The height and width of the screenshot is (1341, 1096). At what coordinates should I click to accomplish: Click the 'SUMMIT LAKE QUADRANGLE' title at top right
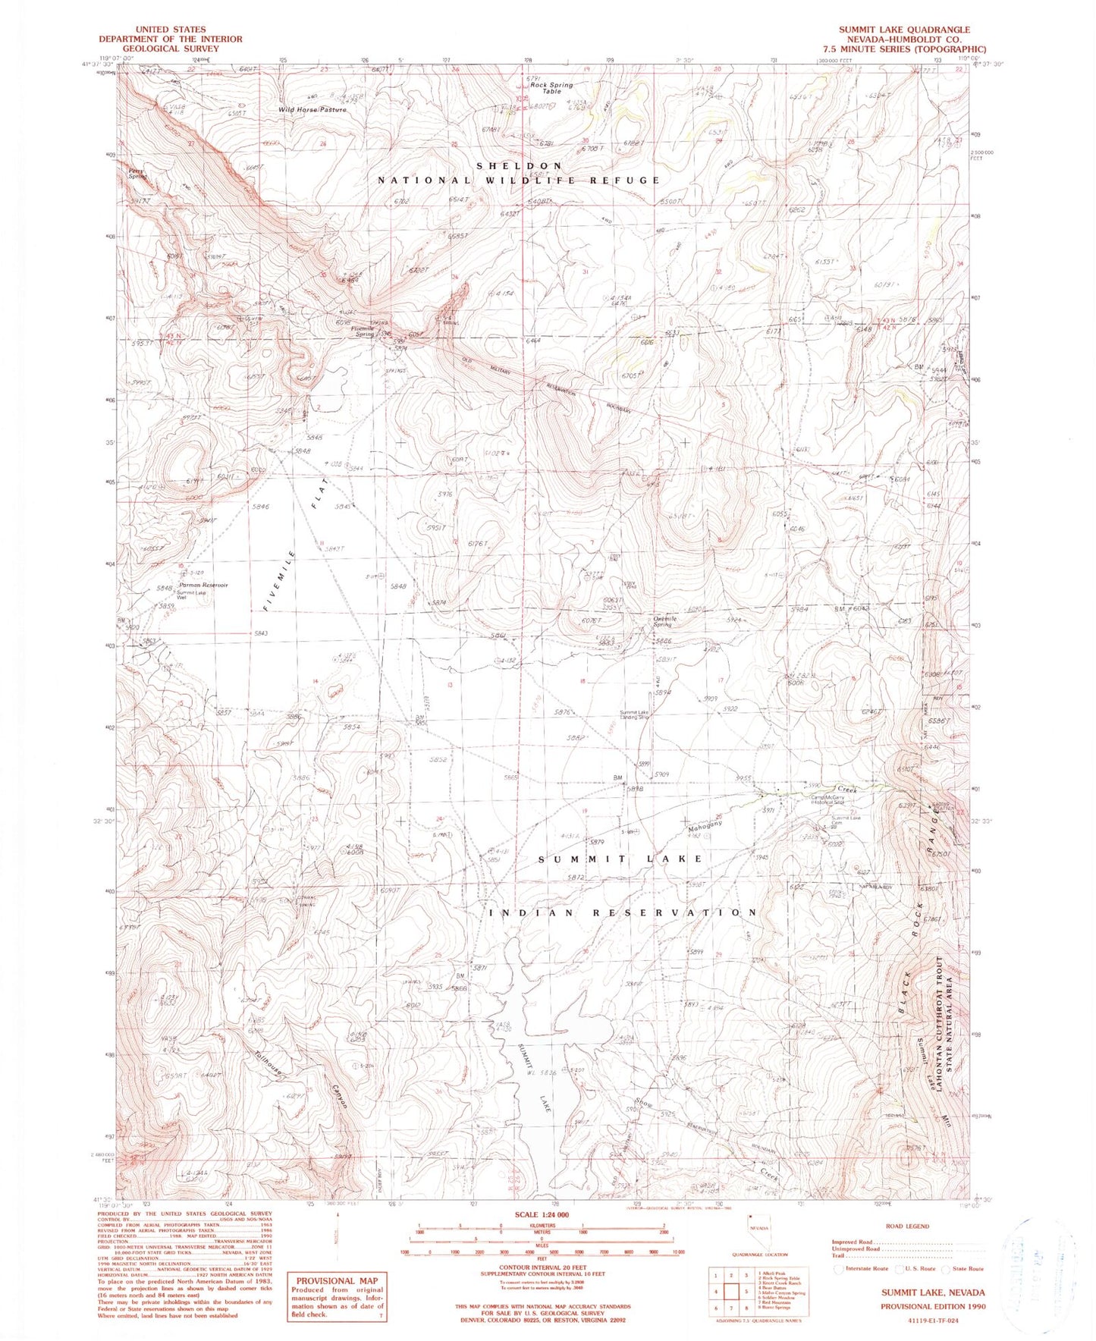[x=903, y=30]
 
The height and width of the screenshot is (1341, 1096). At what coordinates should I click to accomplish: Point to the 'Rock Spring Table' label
[x=551, y=88]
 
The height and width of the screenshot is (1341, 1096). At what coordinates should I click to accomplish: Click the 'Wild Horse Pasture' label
[x=312, y=110]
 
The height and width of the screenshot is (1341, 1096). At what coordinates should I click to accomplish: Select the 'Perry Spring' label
[x=136, y=174]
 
